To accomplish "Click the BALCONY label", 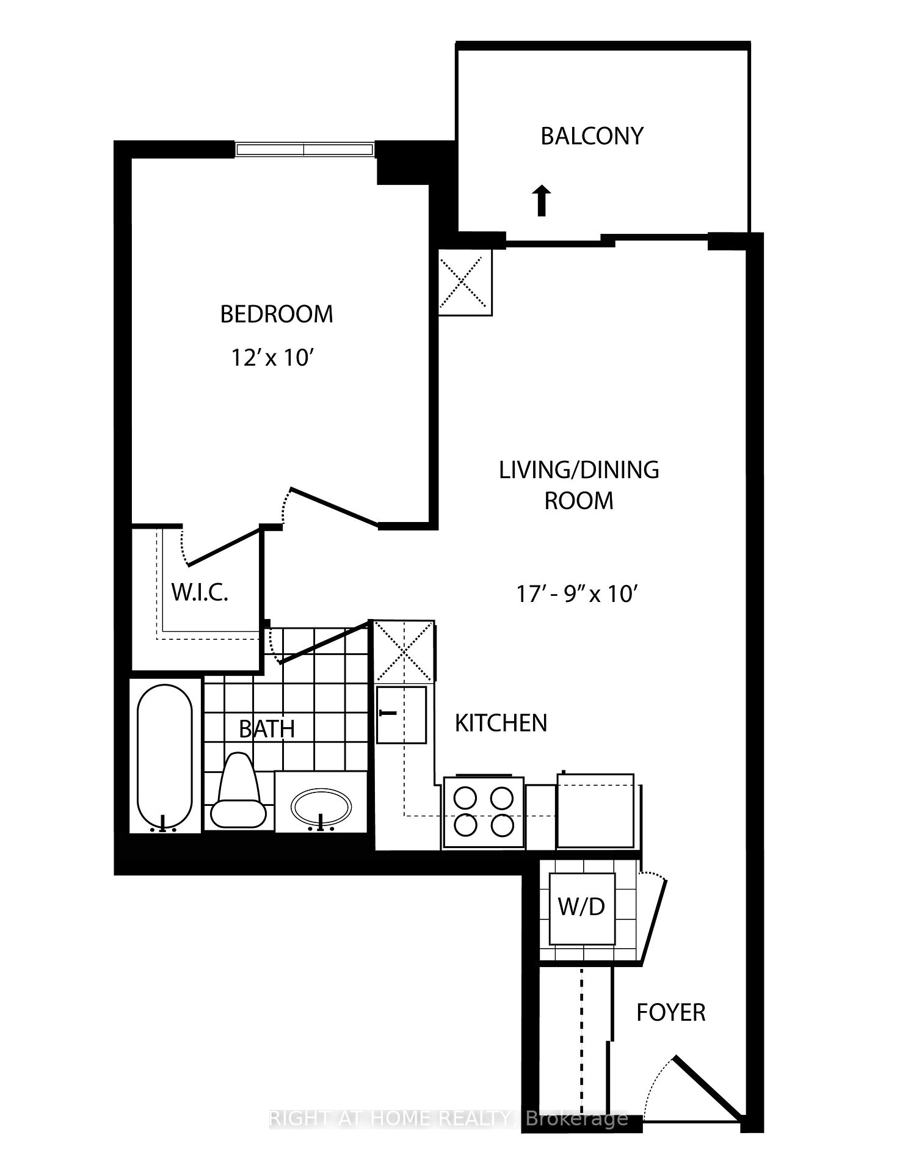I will (592, 136).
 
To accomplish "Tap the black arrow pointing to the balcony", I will (540, 201).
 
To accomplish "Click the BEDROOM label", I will (276, 314).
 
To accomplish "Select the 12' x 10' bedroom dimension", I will (272, 357).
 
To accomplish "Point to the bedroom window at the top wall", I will (304, 150).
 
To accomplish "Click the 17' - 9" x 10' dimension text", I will (577, 593).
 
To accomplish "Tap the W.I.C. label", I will (200, 592).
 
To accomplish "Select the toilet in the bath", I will (239, 791).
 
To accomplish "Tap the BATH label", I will (267, 728).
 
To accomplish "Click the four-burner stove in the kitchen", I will (483, 812).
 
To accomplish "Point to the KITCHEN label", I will (501, 723).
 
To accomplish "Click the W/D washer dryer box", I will (582, 907).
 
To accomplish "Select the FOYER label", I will (670, 1012).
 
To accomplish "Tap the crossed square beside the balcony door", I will (465, 283).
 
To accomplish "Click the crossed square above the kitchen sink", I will (404, 651).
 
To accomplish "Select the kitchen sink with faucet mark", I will (401, 714).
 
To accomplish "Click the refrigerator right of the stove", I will (595, 811).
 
